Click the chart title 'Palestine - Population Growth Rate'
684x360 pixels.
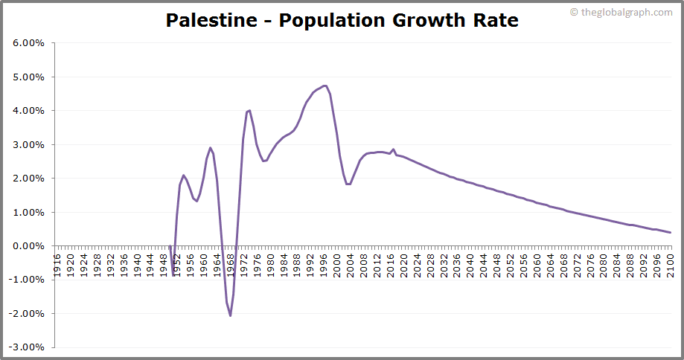click(342, 20)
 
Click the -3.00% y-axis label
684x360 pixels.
click(28, 347)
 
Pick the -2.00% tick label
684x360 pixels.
click(28, 314)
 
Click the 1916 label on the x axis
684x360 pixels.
click(57, 264)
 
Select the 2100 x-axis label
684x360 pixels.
click(670, 264)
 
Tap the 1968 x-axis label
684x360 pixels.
click(231, 264)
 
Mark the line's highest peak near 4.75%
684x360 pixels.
click(325, 86)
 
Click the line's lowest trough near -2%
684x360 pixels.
click(230, 315)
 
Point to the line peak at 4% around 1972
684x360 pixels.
click(249, 110)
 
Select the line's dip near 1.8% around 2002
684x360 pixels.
click(348, 184)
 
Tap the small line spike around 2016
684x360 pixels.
click(394, 149)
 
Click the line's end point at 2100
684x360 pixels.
click(670, 233)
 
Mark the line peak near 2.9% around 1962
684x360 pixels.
click(210, 147)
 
